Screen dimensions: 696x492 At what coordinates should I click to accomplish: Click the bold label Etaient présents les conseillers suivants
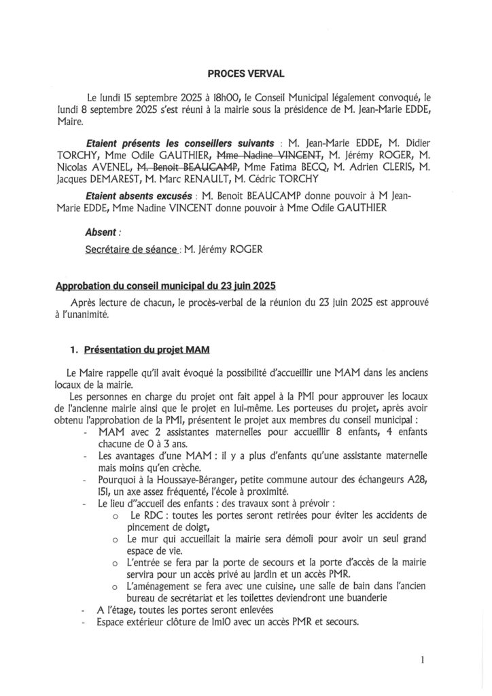click(180, 143)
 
